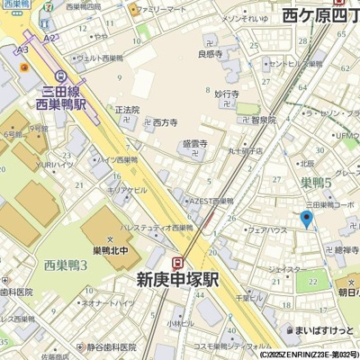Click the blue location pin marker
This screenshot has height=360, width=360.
(306, 219)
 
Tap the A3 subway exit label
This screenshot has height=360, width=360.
(22, 53)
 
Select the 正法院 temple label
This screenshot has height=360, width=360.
(127, 110)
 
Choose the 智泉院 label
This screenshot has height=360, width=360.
(263, 119)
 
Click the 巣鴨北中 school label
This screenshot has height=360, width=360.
(112, 249)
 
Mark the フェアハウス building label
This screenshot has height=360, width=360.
(266, 230)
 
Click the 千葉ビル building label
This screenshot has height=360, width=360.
(247, 297)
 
